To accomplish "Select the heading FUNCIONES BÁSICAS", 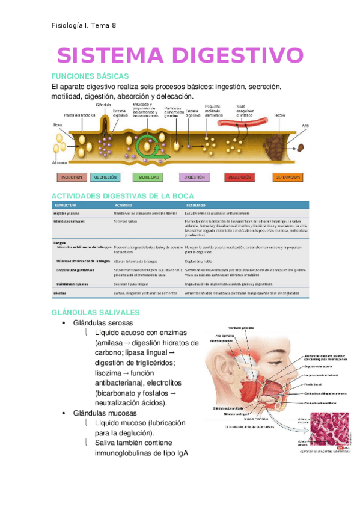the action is pos(90,77).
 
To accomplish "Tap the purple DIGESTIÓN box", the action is pos(195,177).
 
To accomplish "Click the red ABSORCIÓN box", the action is pos(240,177).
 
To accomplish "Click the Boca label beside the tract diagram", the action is pos(58,126).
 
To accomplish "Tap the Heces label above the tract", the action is pos(279,115).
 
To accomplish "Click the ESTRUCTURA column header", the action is pos(66,205).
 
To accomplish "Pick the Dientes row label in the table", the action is pos(61,293).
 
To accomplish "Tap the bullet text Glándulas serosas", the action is pos(103,323).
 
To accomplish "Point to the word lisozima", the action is pos(112,373).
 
